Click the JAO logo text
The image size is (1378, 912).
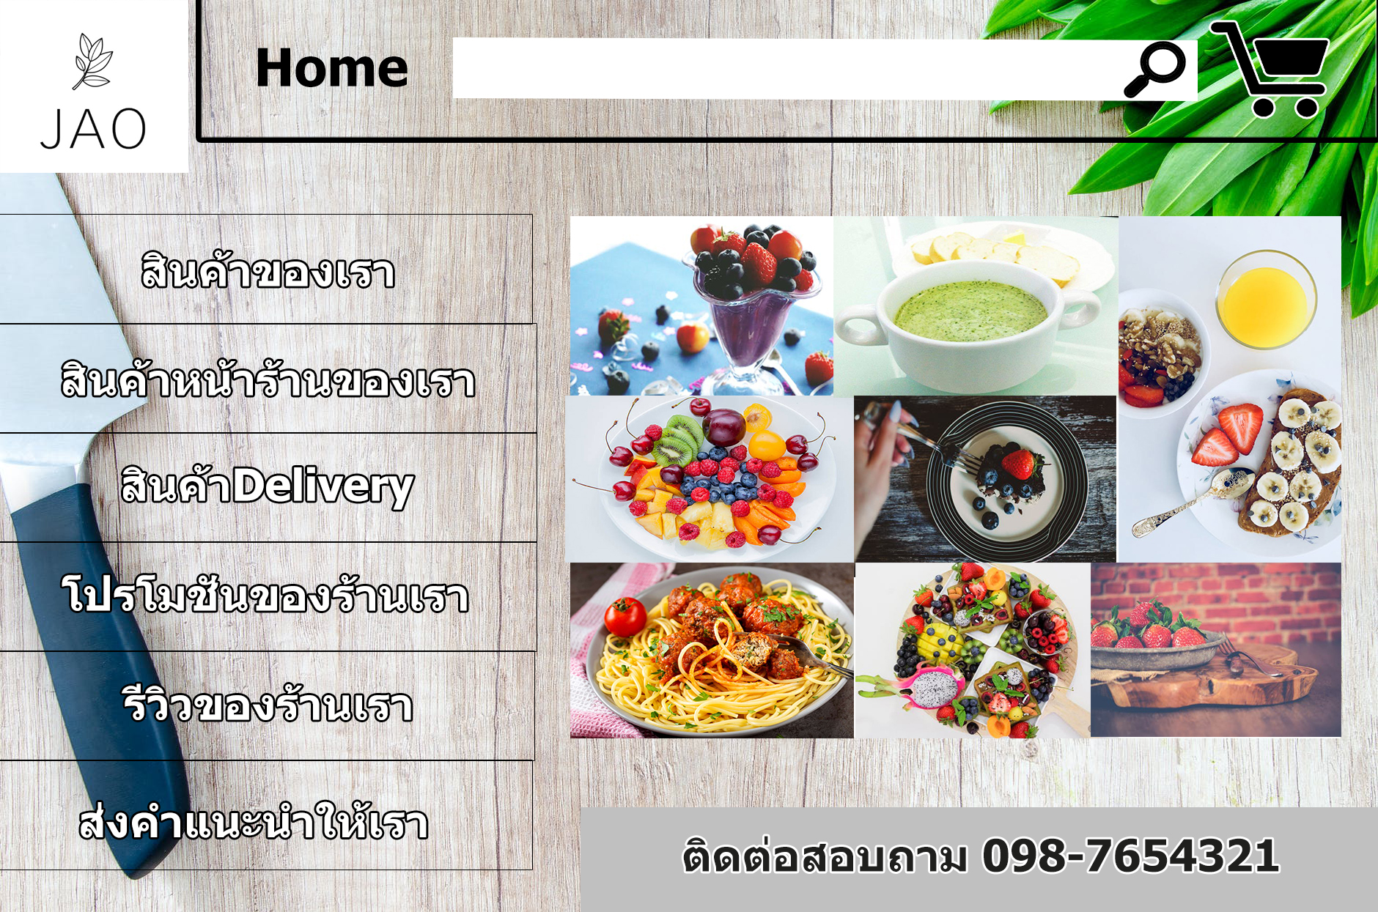click(x=93, y=129)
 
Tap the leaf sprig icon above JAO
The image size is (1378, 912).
click(x=92, y=62)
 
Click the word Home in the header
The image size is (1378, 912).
click(x=331, y=69)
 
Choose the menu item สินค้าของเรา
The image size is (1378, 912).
click(x=268, y=271)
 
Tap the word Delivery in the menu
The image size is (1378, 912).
click(x=323, y=487)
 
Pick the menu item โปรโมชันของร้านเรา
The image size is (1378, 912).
click(x=265, y=595)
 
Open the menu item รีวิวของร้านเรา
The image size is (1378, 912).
click(x=268, y=704)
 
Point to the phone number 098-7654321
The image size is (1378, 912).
click(x=1130, y=856)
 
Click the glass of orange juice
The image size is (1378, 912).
click(x=1266, y=300)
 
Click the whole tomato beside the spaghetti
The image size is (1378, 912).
click(x=625, y=617)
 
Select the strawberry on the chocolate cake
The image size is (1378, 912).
click(x=1019, y=464)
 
